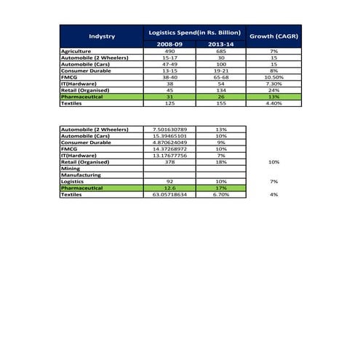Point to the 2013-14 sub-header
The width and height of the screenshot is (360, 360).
pos(221,44)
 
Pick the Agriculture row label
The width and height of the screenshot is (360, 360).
pos(77,52)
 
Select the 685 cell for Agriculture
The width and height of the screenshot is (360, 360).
pos(221,52)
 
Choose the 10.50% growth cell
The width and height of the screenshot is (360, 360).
pos(273,77)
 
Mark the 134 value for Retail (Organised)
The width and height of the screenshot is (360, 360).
pos(221,90)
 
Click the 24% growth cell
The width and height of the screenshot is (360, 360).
pos(273,90)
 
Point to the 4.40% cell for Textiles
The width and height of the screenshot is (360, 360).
pos(273,103)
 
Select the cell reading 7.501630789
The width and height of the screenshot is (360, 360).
pos(169,129)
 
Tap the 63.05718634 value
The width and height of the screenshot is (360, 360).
pos(169,195)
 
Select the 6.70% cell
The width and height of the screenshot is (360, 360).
pos(221,195)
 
